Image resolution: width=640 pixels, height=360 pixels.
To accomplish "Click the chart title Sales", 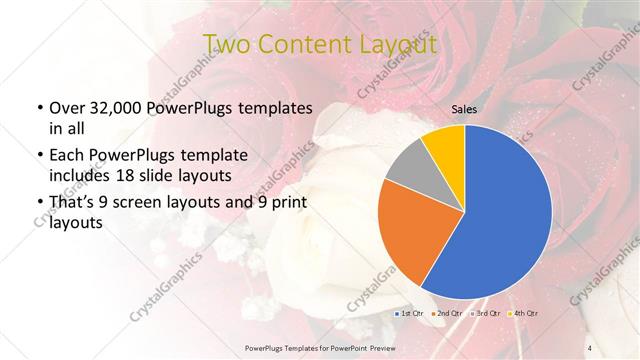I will (464, 109).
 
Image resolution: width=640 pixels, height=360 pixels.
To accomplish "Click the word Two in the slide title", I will (224, 43).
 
